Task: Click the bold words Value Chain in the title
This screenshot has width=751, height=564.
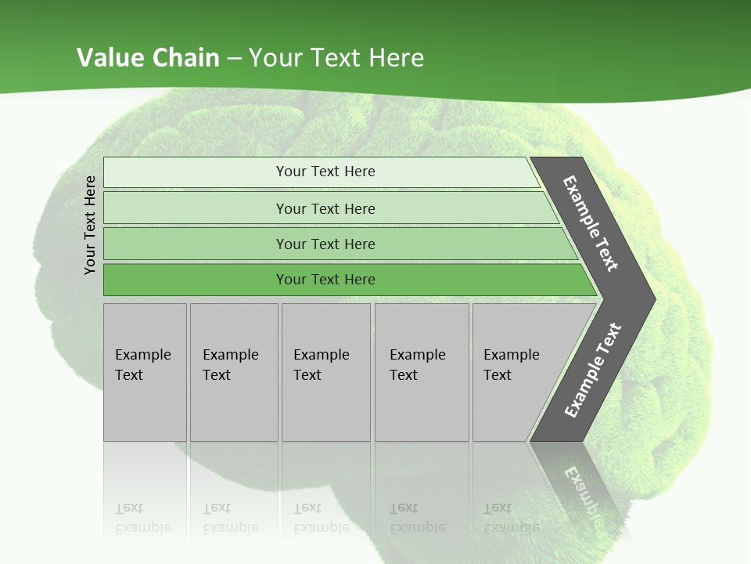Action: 148,57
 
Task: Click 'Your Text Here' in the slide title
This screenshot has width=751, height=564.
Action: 336,57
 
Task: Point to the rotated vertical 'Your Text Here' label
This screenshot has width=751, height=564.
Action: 90,225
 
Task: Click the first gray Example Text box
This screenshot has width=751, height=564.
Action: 145,372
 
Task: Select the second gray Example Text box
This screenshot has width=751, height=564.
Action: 233,372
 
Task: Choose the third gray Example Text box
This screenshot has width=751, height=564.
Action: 325,372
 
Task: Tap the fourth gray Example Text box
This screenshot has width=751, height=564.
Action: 421,372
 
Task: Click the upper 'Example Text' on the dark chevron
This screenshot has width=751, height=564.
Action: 591,223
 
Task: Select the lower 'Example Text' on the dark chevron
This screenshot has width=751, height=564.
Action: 592,371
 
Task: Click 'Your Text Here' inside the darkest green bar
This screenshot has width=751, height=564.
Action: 325,280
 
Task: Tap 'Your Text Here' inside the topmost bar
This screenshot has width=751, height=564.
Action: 325,172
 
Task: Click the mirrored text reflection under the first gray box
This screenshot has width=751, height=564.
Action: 142,518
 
